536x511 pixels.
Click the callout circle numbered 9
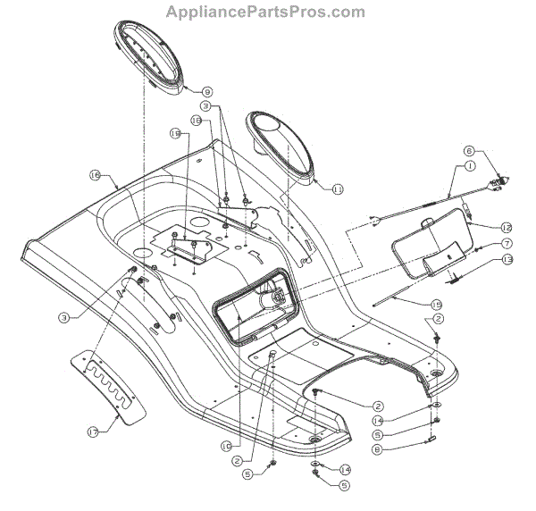tap(207, 91)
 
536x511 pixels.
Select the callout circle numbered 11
tap(337, 188)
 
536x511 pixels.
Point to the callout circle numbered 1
tap(469, 167)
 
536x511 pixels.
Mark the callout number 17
tap(92, 431)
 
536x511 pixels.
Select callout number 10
tap(227, 443)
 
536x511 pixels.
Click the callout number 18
tap(196, 120)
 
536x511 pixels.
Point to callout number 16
tap(93, 176)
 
